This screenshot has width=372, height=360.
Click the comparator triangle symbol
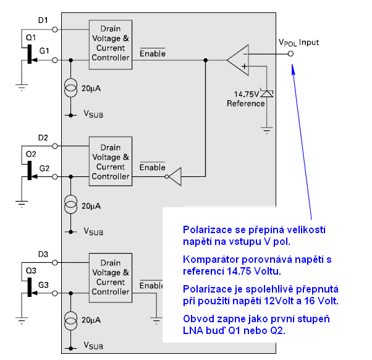[239, 59]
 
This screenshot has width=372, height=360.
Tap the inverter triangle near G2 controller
[175, 176]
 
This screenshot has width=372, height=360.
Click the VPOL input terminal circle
[291, 54]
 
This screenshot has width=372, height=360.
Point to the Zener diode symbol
[266, 93]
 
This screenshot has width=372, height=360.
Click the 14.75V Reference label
[249, 99]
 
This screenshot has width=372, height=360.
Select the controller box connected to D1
[111, 41]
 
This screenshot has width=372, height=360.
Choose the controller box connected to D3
[111, 277]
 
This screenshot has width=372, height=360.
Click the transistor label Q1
[30, 37]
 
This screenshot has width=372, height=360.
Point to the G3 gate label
[44, 284]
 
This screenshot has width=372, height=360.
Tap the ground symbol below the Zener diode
[266, 130]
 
